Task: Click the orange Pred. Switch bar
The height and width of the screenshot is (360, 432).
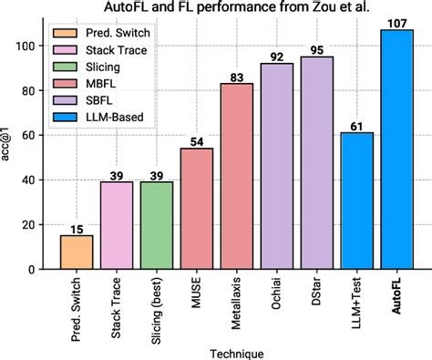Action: [x=77, y=252]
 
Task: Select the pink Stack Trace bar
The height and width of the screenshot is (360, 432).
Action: [x=117, y=226]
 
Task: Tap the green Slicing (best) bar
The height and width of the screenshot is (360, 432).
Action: [x=157, y=226]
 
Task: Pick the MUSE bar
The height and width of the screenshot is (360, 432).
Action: [x=197, y=209]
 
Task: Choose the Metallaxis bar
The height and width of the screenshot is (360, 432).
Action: [x=237, y=177]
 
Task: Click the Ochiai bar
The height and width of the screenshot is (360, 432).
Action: [x=277, y=167]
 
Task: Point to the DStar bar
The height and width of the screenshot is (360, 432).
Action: [x=317, y=163]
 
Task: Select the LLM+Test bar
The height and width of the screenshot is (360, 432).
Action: [x=357, y=201]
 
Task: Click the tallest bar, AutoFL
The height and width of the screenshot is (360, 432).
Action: [x=397, y=150]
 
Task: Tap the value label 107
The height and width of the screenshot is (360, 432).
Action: [x=397, y=23]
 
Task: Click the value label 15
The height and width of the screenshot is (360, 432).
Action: [x=77, y=229]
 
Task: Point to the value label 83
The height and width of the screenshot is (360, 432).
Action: [x=237, y=77]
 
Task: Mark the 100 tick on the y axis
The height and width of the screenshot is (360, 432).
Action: [x=34, y=46]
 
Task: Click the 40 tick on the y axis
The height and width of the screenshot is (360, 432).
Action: [x=36, y=180]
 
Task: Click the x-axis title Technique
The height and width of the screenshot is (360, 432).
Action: [x=236, y=353]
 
